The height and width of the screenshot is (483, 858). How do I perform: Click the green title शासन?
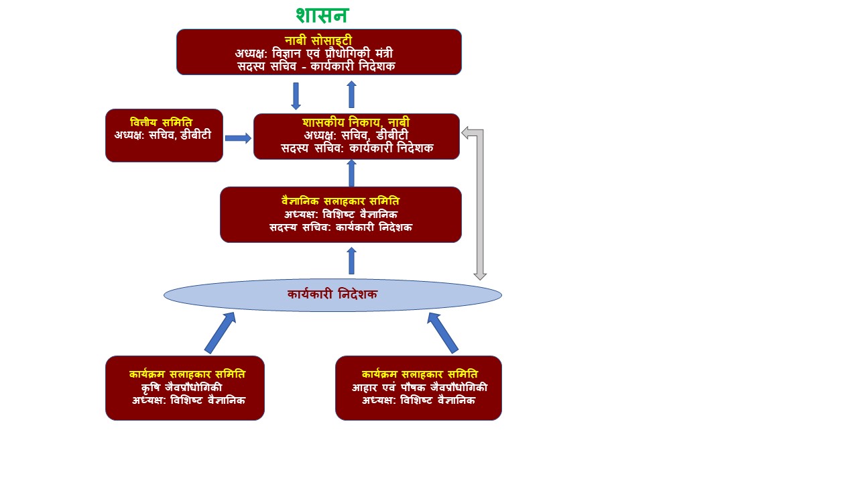click(x=322, y=15)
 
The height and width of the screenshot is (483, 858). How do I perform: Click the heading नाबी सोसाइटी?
click(x=318, y=41)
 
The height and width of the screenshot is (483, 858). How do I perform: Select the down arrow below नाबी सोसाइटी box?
click(x=296, y=96)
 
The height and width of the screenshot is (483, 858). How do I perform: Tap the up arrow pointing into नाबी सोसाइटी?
click(x=351, y=95)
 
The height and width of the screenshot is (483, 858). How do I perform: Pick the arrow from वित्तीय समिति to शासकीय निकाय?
click(x=238, y=138)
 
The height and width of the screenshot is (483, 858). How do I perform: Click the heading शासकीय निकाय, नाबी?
click(x=356, y=123)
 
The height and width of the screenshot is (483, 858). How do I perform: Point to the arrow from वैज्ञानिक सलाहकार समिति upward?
click(x=351, y=173)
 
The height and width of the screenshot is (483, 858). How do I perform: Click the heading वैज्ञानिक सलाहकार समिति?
click(x=341, y=201)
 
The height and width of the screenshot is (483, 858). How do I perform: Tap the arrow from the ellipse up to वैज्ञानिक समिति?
click(x=351, y=261)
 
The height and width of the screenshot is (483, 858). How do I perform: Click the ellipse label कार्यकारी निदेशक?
click(x=332, y=294)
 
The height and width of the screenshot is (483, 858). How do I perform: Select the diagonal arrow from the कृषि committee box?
click(x=220, y=333)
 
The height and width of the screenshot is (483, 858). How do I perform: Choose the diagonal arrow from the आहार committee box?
click(x=443, y=333)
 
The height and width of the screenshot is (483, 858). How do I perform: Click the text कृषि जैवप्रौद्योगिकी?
click(x=182, y=388)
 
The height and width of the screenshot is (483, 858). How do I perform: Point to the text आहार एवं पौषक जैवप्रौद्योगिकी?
click(x=420, y=388)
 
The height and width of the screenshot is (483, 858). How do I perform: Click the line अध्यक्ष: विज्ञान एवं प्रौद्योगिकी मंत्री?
click(x=318, y=53)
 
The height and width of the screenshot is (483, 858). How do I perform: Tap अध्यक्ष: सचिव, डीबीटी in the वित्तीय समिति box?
click(x=163, y=134)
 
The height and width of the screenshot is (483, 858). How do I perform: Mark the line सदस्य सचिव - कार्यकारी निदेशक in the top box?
click(x=316, y=66)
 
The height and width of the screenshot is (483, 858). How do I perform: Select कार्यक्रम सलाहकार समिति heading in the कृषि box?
click(x=187, y=374)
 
